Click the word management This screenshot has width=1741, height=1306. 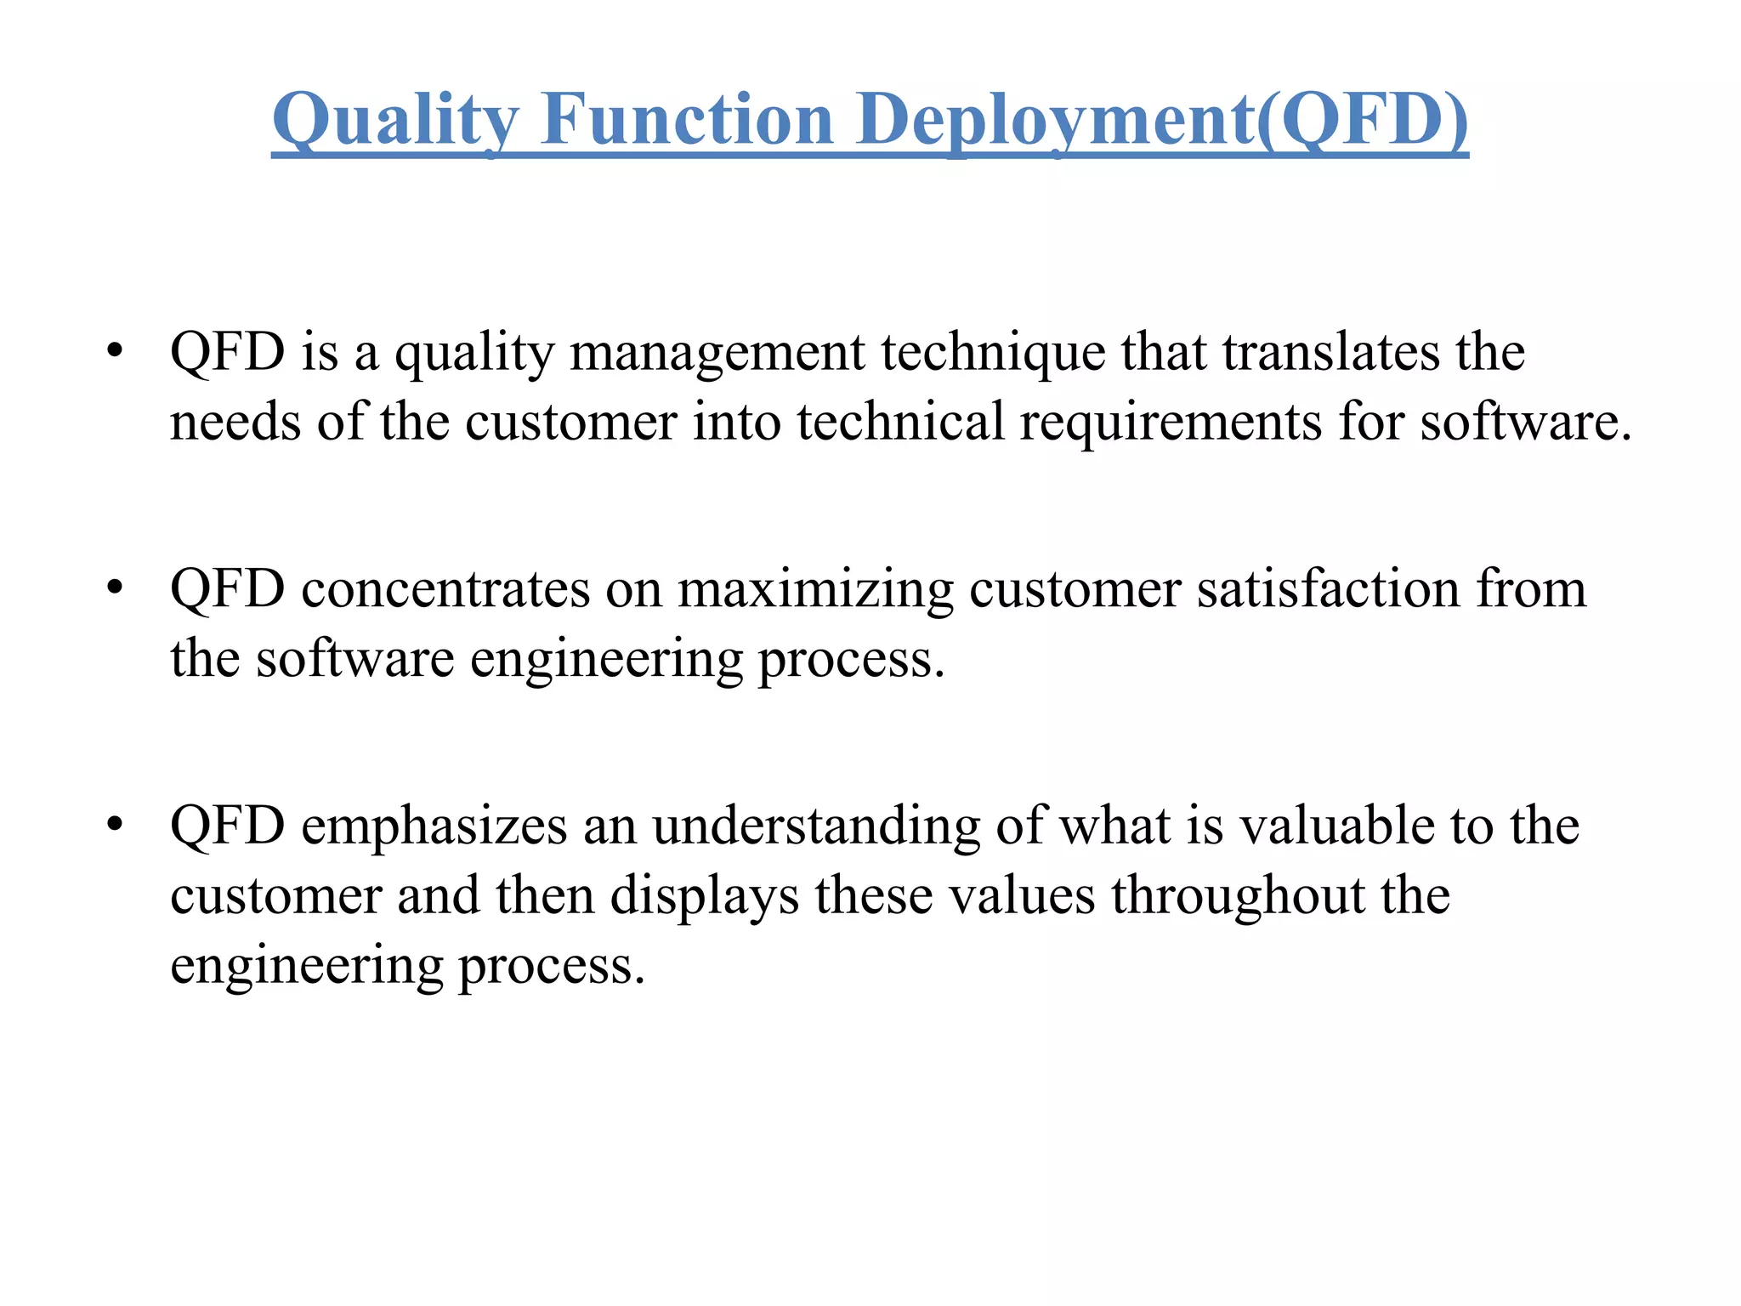click(717, 353)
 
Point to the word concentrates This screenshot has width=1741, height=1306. click(445, 588)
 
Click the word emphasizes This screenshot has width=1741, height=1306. click(434, 826)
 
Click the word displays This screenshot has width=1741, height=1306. click(705, 896)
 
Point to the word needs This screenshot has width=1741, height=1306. click(235, 423)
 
